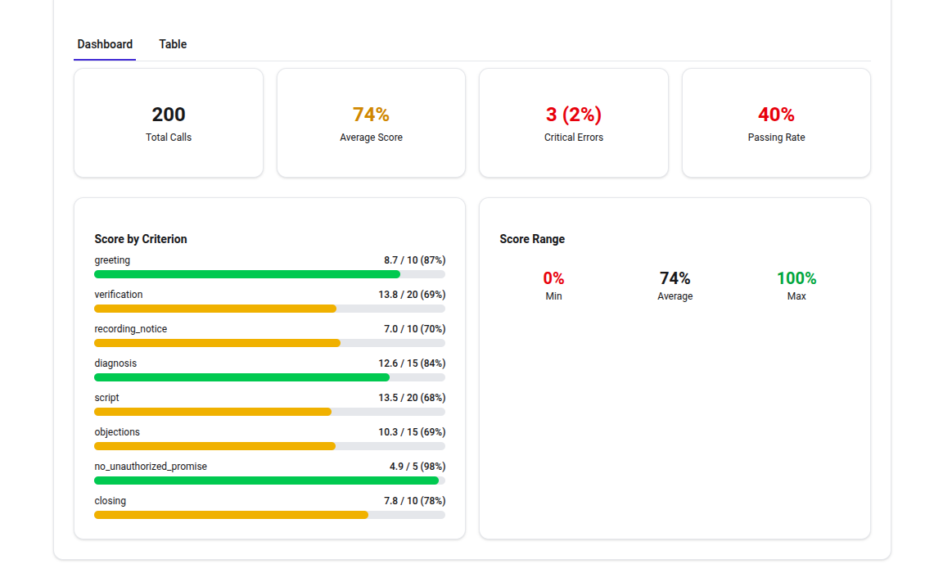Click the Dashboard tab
[105, 44]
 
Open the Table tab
[173, 44]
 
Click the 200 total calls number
[169, 115]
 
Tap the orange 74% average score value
[371, 115]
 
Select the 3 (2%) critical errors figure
[573, 115]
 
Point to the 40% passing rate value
[776, 115]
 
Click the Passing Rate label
[776, 138]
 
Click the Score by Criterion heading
[141, 239]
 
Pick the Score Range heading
[532, 239]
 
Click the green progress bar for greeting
[247, 274]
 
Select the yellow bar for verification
[215, 309]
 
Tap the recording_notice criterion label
[130, 329]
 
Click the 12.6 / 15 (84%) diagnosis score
[412, 363]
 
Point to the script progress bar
[213, 412]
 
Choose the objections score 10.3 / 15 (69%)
[412, 432]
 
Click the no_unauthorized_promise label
[151, 467]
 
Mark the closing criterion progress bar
[231, 515]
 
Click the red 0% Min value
[553, 278]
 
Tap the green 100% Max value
[796, 278]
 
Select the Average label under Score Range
[675, 296]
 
